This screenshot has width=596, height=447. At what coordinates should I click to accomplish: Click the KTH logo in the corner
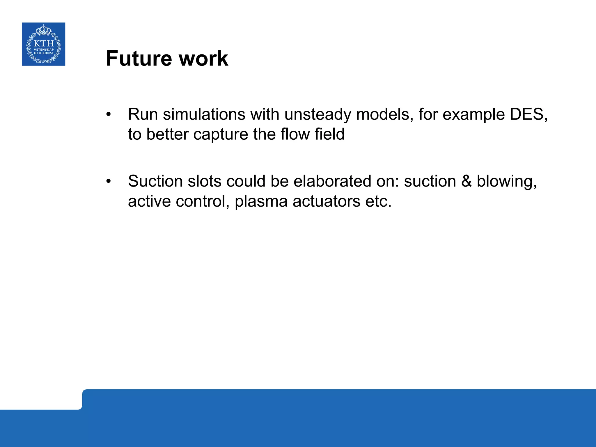44,44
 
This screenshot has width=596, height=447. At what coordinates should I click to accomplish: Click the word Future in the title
139,58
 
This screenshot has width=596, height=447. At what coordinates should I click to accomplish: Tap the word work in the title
203,58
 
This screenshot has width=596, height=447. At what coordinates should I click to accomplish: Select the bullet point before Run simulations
109,114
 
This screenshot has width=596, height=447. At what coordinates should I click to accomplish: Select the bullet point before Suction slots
109,181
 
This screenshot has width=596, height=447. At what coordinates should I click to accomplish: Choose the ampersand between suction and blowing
466,181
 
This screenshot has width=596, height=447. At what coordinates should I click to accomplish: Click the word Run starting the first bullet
143,114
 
